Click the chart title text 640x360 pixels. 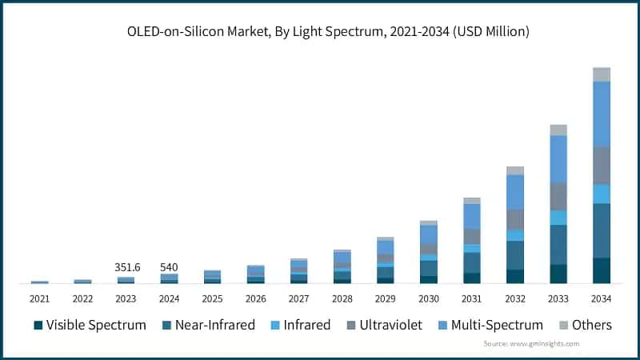tap(320, 31)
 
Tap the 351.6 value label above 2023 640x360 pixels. tap(126, 267)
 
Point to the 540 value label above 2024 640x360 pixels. tap(169, 267)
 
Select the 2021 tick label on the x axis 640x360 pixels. tap(39, 298)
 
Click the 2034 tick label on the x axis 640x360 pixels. tap(601, 298)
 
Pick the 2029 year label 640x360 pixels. tap(385, 298)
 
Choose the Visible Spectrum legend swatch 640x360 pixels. tap(38, 326)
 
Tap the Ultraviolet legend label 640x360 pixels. tap(391, 325)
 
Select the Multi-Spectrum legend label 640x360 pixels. tap(497, 325)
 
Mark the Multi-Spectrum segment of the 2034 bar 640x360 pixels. tap(602, 114)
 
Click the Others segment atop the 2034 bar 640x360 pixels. tap(602, 74)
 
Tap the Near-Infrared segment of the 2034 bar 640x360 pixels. tap(602, 230)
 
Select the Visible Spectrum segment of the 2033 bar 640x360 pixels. tap(558, 274)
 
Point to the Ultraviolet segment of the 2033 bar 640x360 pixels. tap(558, 197)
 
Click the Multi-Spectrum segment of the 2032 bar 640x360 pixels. tap(515, 192)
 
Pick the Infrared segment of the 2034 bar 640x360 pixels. tap(602, 194)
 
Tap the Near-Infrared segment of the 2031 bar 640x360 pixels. tap(472, 262)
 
